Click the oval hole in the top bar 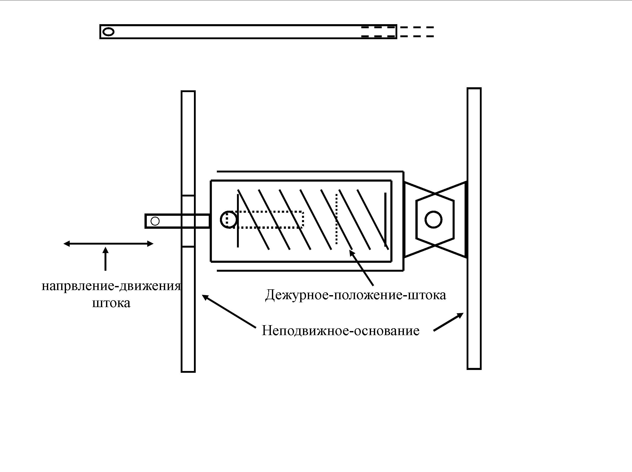pos(108,32)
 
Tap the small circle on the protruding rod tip pos(155,221)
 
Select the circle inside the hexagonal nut pos(433,220)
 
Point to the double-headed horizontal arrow pos(108,244)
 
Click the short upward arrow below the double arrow pos(106,259)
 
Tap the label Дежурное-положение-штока pos(355,295)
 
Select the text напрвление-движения pos(111,286)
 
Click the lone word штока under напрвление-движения pos(111,303)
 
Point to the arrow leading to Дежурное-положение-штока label pos(361,267)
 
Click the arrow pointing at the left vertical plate pos(229,311)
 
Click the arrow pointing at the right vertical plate pos(449,322)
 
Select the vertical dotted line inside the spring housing pos(337,219)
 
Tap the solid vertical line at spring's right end pos(385,220)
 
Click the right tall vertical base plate pos(474,228)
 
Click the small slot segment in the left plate pos(188,221)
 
